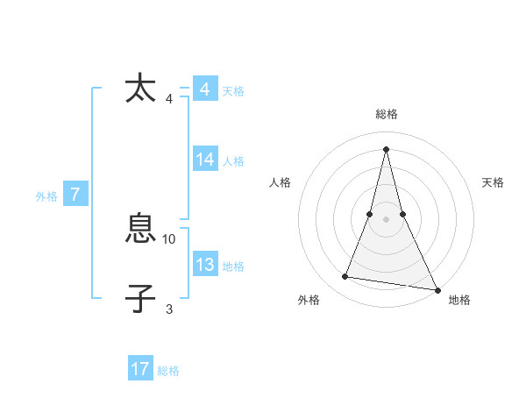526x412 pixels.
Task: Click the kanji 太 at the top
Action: tap(140, 89)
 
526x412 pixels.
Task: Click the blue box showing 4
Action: tap(204, 89)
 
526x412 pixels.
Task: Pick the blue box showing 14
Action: tap(205, 160)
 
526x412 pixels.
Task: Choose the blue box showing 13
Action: tap(205, 265)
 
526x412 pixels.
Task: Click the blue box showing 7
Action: tap(75, 195)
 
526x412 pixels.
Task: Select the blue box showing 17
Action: tap(140, 369)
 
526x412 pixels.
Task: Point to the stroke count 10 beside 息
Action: tap(169, 238)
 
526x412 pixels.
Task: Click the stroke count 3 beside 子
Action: tap(169, 309)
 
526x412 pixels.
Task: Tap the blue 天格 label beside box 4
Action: tap(233, 91)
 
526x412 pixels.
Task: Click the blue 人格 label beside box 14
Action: tap(233, 161)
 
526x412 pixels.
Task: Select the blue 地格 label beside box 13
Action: tap(233, 266)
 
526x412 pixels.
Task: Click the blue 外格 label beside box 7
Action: tap(46, 197)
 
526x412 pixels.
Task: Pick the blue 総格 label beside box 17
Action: tap(168, 371)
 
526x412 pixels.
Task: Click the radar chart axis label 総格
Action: tap(387, 114)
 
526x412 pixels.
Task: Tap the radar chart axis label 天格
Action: tap(494, 182)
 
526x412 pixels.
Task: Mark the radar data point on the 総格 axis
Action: tap(387, 148)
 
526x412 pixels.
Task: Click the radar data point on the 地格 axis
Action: tap(437, 289)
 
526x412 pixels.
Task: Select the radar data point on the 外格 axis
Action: tap(345, 277)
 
